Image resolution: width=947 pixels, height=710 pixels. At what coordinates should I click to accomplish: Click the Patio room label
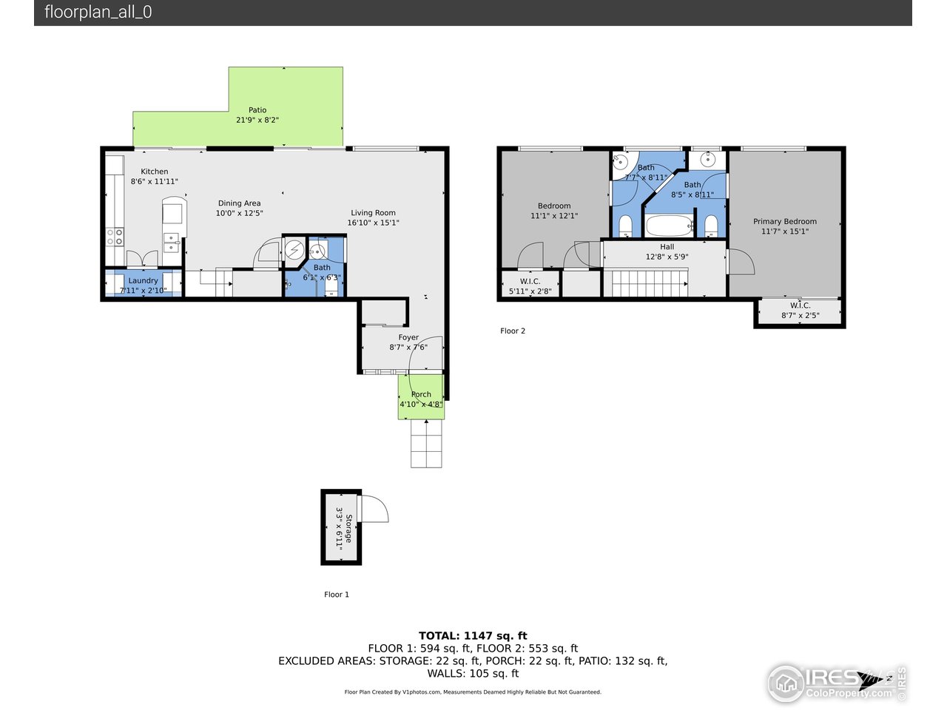257,110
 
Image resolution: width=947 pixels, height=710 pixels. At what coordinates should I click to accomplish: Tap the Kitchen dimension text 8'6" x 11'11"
155,181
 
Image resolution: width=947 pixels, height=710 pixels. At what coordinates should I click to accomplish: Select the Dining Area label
239,203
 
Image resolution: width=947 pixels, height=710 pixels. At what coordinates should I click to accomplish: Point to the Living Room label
373,213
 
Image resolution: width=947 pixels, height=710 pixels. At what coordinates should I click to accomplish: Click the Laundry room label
143,281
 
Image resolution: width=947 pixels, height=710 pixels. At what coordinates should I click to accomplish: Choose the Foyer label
408,337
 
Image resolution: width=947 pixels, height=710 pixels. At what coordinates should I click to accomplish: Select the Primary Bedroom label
784,221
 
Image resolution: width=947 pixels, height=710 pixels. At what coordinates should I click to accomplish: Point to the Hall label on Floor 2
667,247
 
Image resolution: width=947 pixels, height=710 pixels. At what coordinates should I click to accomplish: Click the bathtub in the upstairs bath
669,225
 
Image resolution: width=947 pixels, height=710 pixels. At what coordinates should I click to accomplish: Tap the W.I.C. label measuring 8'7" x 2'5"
800,305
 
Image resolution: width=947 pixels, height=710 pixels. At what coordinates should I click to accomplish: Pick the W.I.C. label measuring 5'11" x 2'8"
530,282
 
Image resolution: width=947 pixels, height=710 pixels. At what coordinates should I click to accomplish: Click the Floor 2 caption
513,331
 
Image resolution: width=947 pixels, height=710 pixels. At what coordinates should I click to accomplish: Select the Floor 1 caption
337,595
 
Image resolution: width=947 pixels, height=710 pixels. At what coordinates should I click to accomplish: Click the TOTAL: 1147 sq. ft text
473,635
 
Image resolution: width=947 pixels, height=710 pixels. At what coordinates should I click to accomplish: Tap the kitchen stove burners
115,237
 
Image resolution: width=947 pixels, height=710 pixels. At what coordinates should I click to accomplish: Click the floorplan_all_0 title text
98,13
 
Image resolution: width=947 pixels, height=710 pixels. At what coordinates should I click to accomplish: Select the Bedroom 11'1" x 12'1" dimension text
554,216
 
